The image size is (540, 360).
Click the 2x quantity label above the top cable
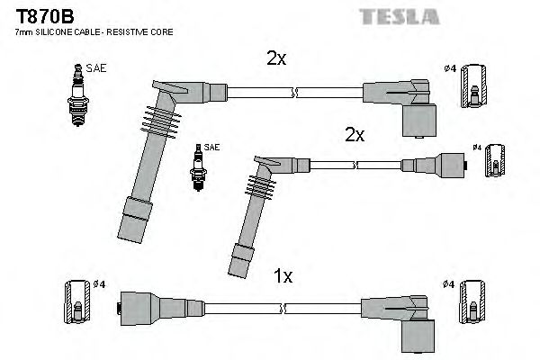click(276, 59)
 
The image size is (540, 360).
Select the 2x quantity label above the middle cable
click(355, 135)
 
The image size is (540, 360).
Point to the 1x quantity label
click(283, 277)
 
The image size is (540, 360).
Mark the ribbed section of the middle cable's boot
click(257, 186)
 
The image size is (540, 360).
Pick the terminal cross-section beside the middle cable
click(492, 164)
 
